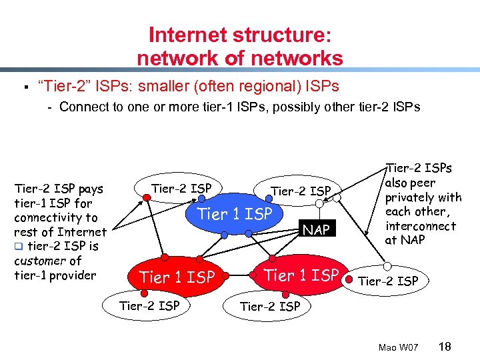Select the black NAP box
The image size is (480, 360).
coord(316,231)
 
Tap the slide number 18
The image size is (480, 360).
coord(445,346)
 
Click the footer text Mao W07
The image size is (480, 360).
coord(398,347)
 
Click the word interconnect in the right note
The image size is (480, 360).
coord(421,226)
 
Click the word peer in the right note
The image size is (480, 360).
coord(423,183)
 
